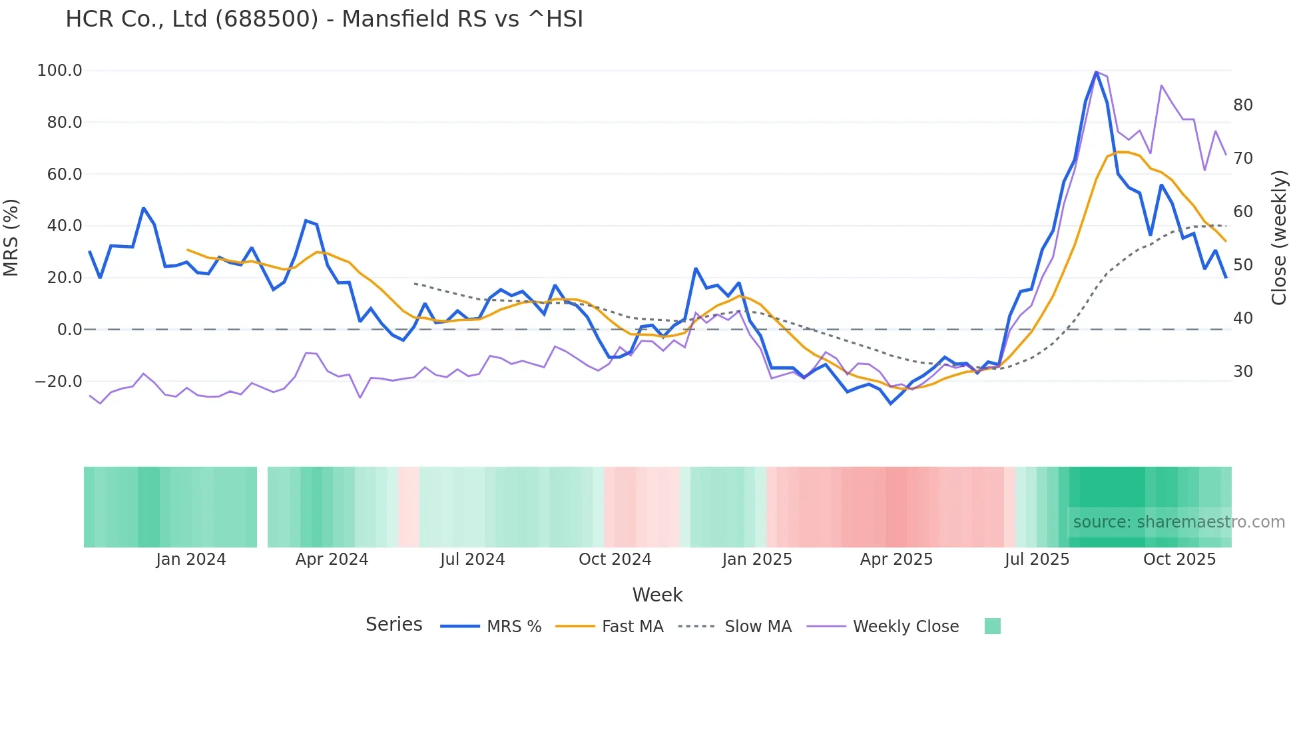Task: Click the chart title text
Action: point(324,19)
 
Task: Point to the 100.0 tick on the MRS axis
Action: point(60,71)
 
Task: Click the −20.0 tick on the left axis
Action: point(59,382)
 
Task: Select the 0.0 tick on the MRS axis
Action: point(70,330)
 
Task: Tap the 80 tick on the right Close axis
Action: point(1243,105)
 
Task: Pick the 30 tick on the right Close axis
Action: point(1243,372)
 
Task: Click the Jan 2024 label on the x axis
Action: point(191,559)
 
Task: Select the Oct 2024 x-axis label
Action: point(615,559)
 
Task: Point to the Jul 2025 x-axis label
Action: point(1037,559)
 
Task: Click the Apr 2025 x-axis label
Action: point(896,559)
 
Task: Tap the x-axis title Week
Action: point(657,595)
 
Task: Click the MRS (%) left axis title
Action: point(11,237)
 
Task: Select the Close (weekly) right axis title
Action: point(1279,238)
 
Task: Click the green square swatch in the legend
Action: point(992,626)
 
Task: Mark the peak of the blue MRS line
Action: point(1096,72)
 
